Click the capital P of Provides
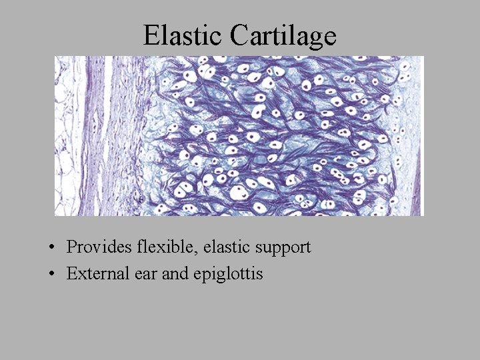(x=71, y=247)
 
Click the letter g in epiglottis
(x=217, y=276)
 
